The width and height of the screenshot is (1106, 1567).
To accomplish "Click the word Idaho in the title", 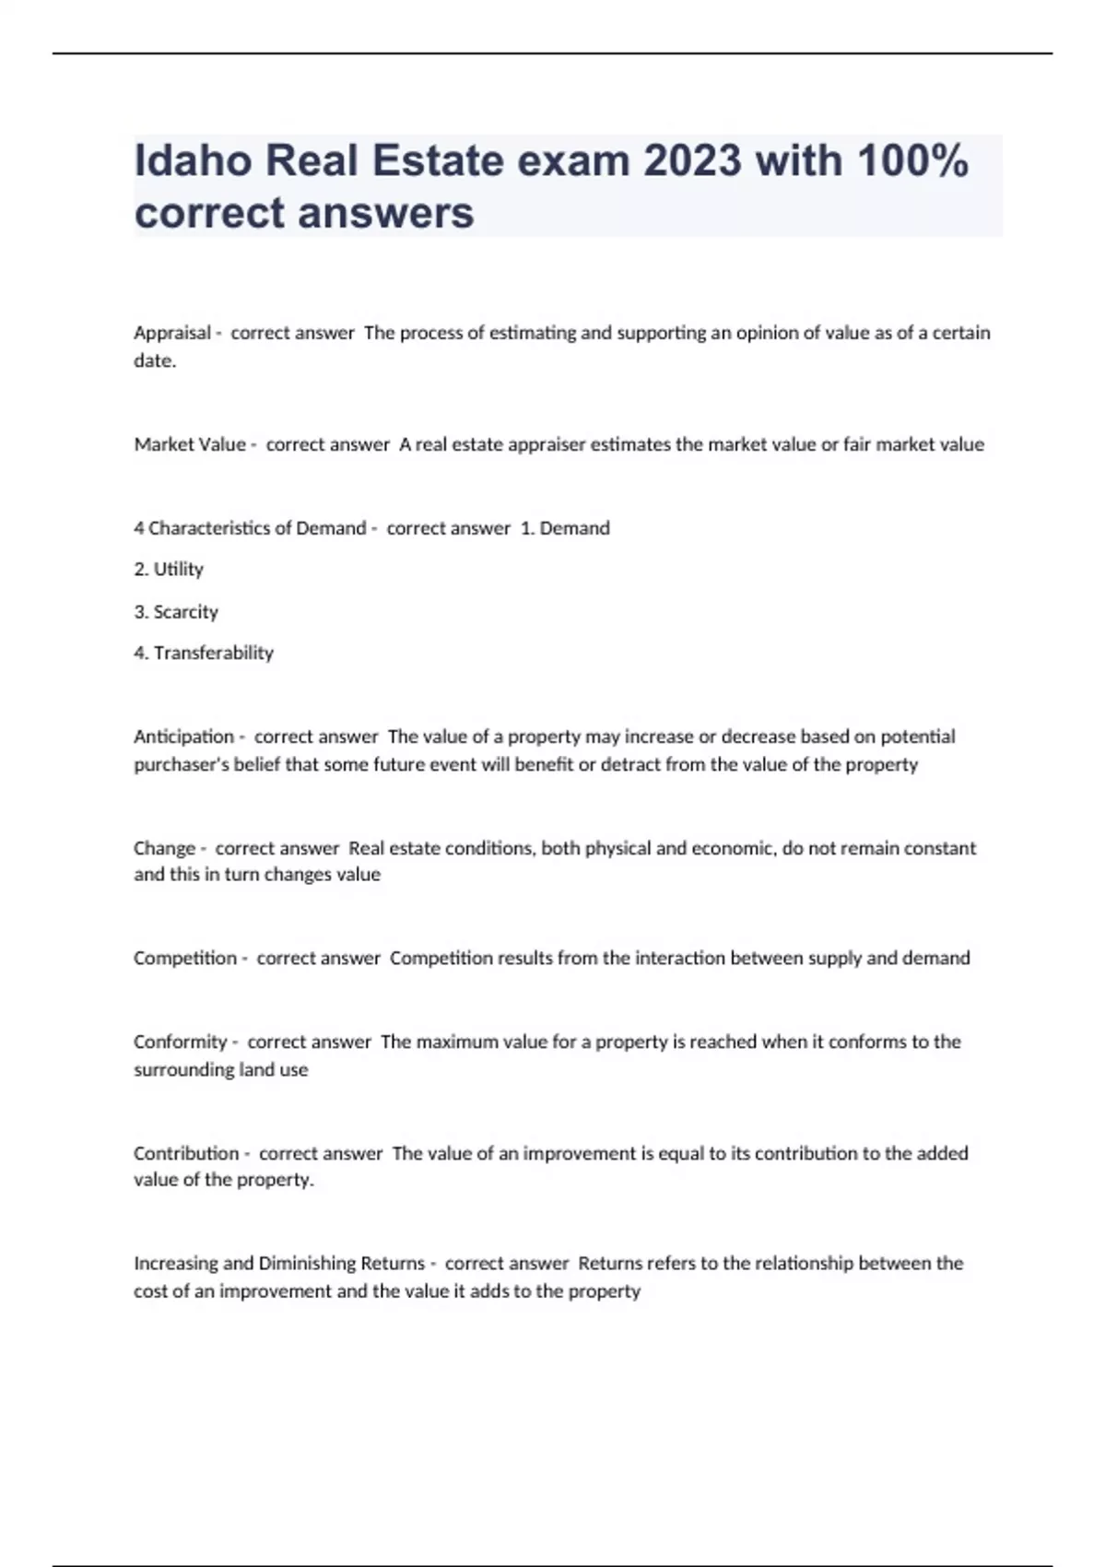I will pyautogui.click(x=193, y=161).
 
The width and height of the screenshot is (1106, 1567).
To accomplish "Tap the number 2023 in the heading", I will pyautogui.click(x=692, y=161).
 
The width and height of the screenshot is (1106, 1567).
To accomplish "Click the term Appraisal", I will pyautogui.click(x=172, y=333).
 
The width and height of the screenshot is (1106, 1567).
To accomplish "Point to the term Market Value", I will pyautogui.click(x=190, y=444).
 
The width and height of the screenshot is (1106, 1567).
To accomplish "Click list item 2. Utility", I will pyautogui.click(x=169, y=569).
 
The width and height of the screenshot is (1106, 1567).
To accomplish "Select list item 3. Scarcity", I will pyautogui.click(x=176, y=611).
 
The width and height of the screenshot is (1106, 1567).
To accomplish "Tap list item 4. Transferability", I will pyautogui.click(x=204, y=653).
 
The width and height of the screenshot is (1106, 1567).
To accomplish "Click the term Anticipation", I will pyautogui.click(x=184, y=736).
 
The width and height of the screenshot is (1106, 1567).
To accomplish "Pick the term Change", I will pyautogui.click(x=165, y=848).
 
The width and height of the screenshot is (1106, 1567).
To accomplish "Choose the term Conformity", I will pyautogui.click(x=181, y=1042).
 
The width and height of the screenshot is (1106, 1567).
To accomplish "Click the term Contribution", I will pyautogui.click(x=186, y=1153).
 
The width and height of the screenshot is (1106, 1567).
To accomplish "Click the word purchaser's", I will pyautogui.click(x=180, y=764).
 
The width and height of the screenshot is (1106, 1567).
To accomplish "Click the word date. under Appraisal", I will pyautogui.click(x=155, y=360).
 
